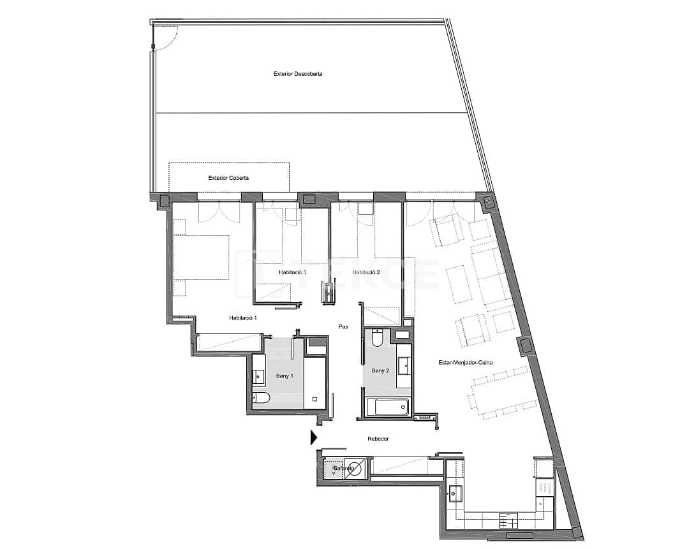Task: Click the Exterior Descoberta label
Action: pyautogui.click(x=298, y=74)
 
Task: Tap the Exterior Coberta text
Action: pyautogui.click(x=228, y=178)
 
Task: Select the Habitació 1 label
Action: pyautogui.click(x=243, y=318)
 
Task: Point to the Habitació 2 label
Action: pyautogui.click(x=366, y=272)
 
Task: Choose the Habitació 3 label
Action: pyautogui.click(x=293, y=272)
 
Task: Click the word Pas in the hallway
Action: pyautogui.click(x=343, y=326)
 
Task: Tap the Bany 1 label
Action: pyautogui.click(x=284, y=376)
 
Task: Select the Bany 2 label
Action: pyautogui.click(x=380, y=370)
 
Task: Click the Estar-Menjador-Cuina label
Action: pyautogui.click(x=464, y=363)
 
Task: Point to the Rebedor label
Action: pyautogui.click(x=378, y=439)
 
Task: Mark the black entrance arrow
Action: pyautogui.click(x=313, y=437)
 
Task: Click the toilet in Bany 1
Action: pyautogui.click(x=262, y=400)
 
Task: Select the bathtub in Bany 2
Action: pyautogui.click(x=387, y=406)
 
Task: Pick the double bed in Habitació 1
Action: pyautogui.click(x=201, y=258)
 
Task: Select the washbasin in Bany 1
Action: pyautogui.click(x=258, y=377)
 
